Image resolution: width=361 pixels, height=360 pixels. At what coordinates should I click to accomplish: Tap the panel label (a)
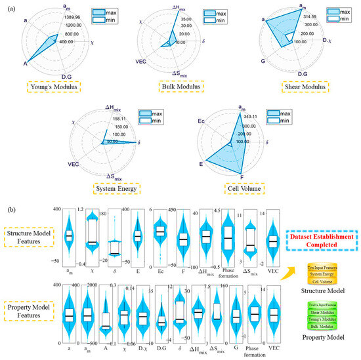(x=9, y=6)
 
